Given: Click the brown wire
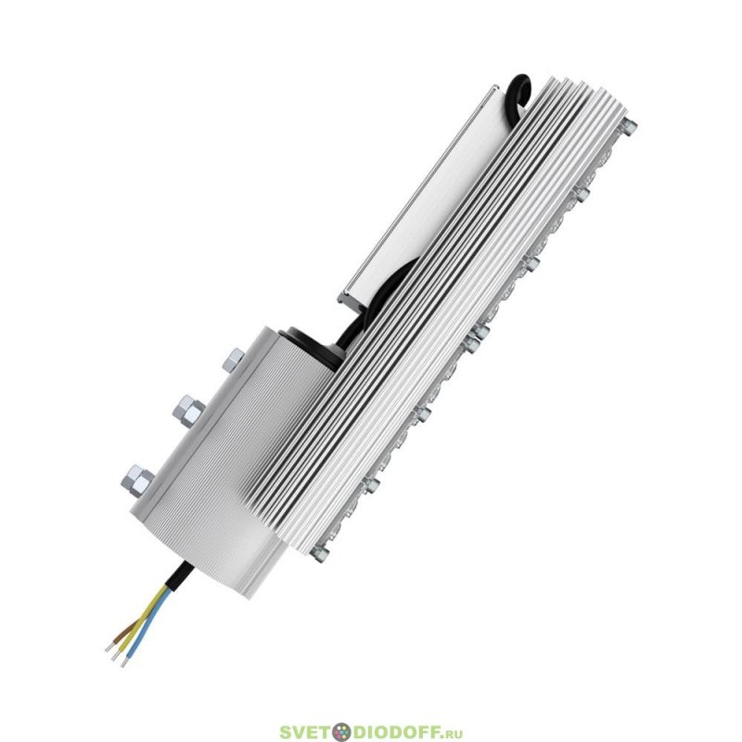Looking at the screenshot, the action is tap(127, 629).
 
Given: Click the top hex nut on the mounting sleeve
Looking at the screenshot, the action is tap(233, 360).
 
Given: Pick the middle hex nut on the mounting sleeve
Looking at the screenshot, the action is tap(188, 412).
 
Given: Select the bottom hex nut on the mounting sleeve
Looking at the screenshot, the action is tap(137, 480).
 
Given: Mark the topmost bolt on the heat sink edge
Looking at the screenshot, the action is tap(629, 127).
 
